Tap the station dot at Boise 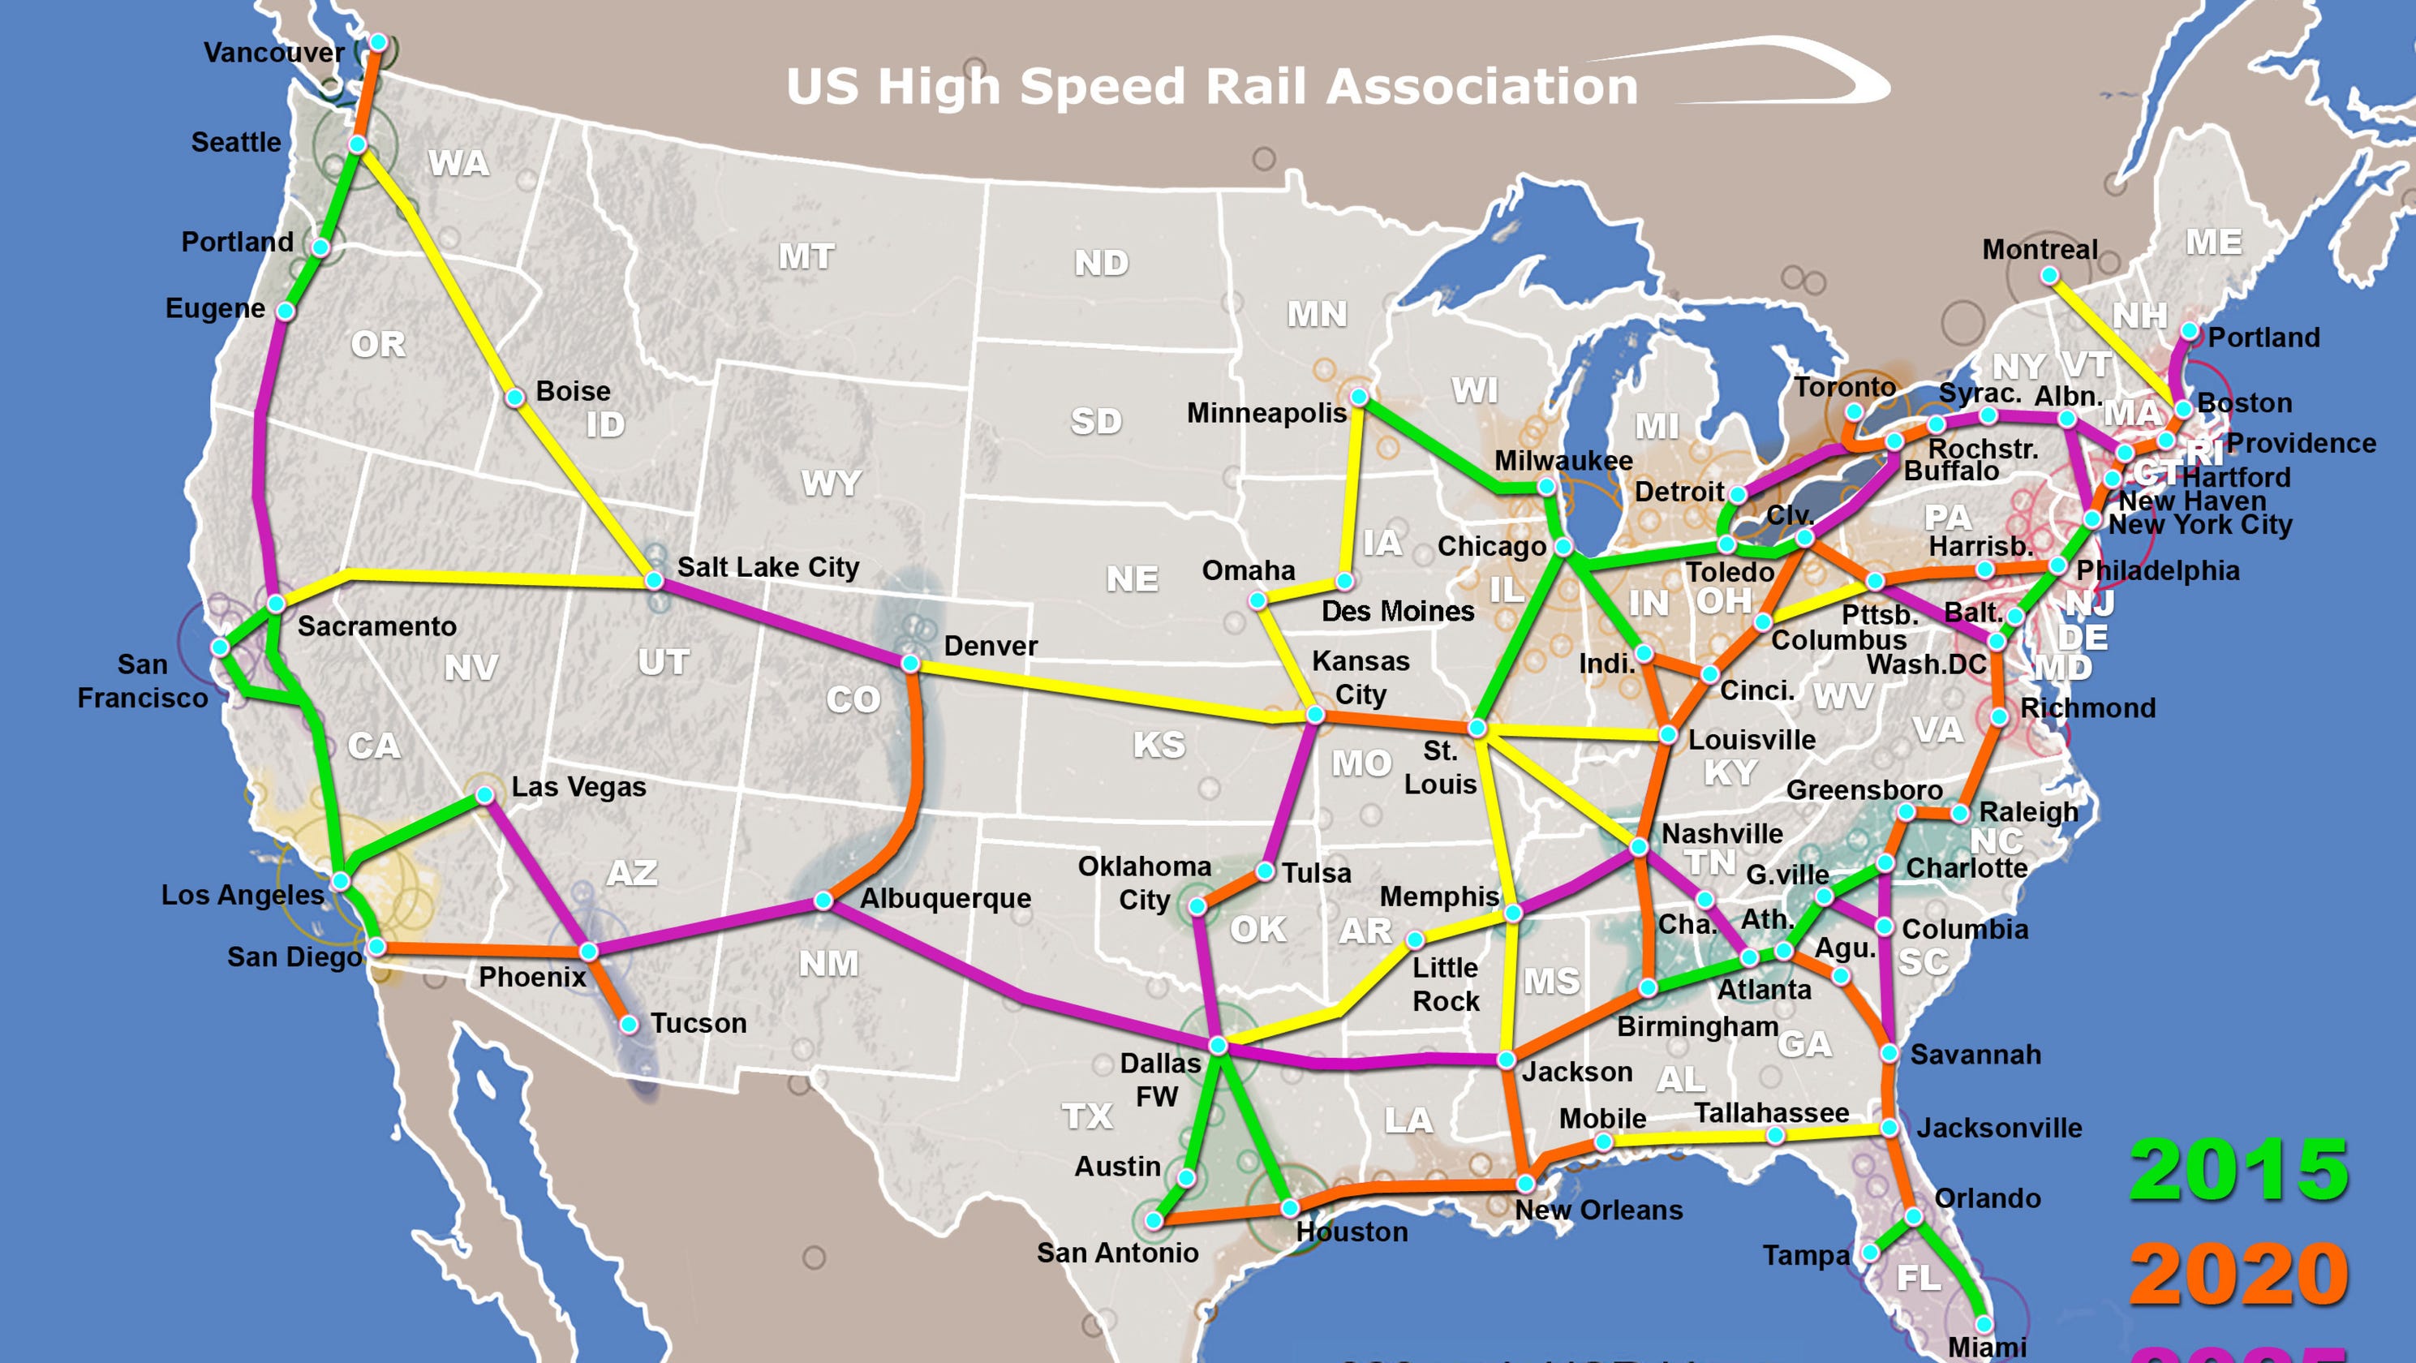coord(514,398)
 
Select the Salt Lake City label coord(767,568)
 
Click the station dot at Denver coord(909,663)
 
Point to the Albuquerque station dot coord(823,901)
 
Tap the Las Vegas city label coord(578,787)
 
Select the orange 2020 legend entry coord(2238,1273)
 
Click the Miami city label coord(1987,1347)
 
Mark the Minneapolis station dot coord(1359,398)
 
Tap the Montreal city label coord(2039,250)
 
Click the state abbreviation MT coord(806,257)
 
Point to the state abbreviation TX coord(1087,1116)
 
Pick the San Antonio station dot coord(1154,1220)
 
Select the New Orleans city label coord(1598,1210)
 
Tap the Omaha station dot coord(1257,600)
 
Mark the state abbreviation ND coord(1101,264)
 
